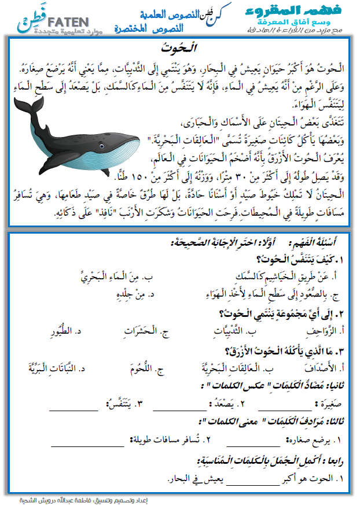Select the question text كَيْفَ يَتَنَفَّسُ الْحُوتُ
point(300,259)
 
